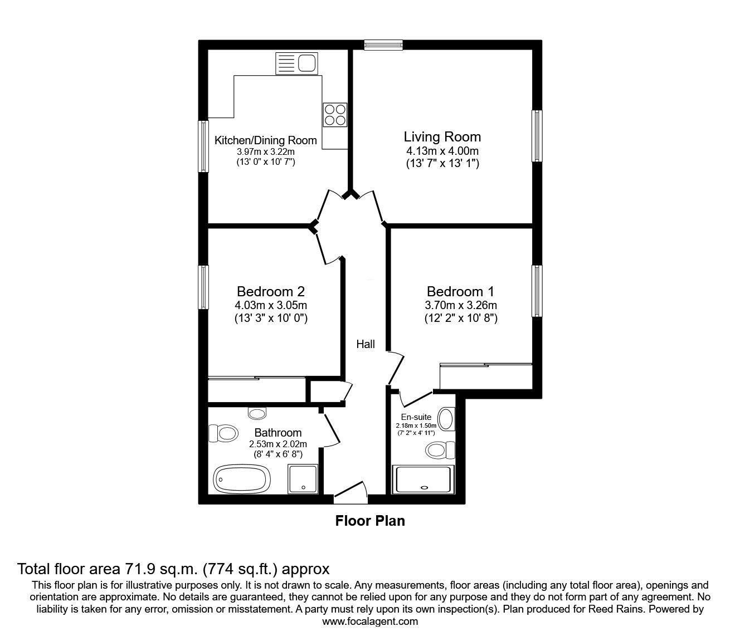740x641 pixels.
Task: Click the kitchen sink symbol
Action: [x=296, y=63]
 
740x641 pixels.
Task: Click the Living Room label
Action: [x=442, y=136]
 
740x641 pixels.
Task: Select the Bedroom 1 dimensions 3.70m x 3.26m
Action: [x=460, y=305]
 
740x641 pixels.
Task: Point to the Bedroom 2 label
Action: [x=270, y=291]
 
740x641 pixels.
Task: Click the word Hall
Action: [x=366, y=345]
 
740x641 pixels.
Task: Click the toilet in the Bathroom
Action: [x=223, y=432]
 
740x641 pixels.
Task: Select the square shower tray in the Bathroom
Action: [x=303, y=479]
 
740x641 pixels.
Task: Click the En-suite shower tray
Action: [x=423, y=479]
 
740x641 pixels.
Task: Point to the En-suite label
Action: [x=416, y=417]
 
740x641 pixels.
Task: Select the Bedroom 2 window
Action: [x=204, y=287]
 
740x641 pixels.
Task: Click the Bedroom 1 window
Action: [x=537, y=291]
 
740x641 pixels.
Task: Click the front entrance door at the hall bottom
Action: [x=350, y=491]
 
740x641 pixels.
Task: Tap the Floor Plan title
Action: [x=369, y=521]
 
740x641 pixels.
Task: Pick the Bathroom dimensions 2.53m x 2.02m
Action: [x=277, y=444]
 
